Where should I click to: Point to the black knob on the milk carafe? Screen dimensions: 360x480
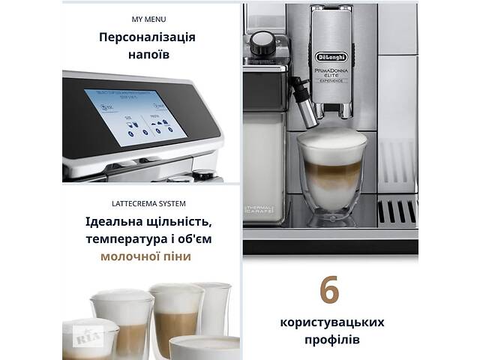pyautogui.click(x=261, y=43)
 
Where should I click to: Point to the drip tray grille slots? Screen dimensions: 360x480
pyautogui.click(x=396, y=211)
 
